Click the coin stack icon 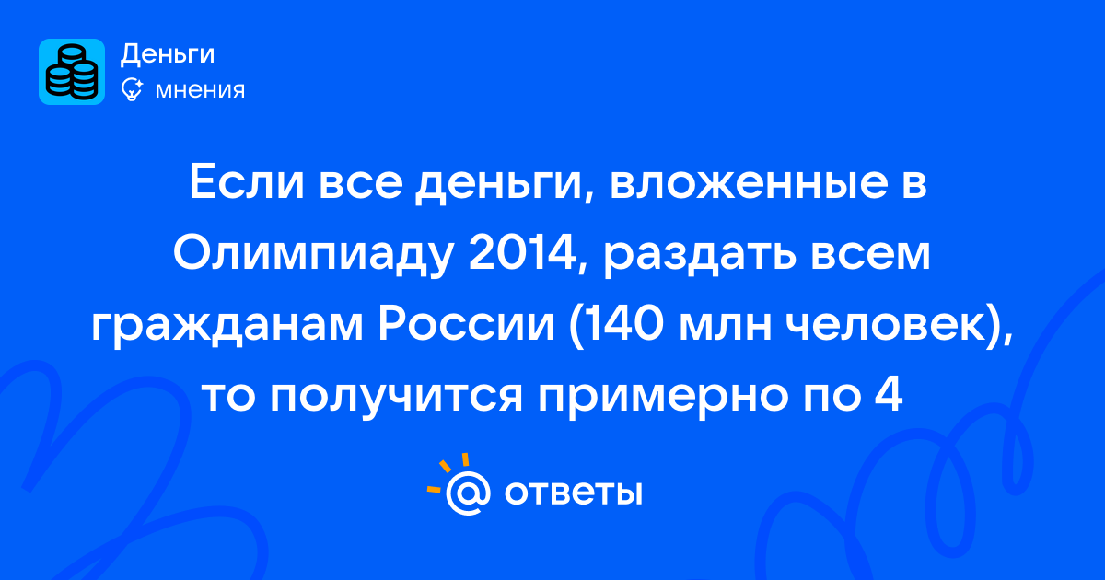coord(72,72)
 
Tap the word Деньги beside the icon coord(168,54)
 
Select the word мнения coord(200,90)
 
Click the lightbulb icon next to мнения coord(132,89)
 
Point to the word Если coord(246,183)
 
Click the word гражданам coord(227,327)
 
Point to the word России coord(466,326)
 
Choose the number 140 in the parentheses coord(616,326)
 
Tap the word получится coord(396,397)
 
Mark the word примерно coord(662,398)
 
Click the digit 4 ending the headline coord(889,396)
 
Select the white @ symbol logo coord(468,493)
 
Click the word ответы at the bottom coord(573,493)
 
